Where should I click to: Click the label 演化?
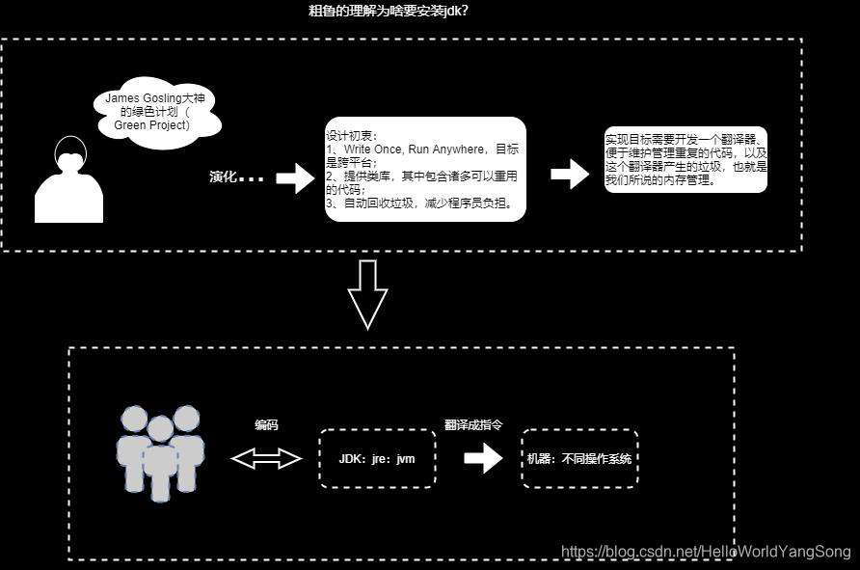(224, 177)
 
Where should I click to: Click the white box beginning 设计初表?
(425, 169)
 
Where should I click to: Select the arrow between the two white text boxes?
(570, 175)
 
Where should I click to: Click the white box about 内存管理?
(685, 159)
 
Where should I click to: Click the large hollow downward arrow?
(367, 294)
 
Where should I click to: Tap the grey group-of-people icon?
(160, 451)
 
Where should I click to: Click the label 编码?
(266, 424)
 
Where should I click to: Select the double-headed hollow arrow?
(267, 459)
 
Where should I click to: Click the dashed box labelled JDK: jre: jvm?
(377, 458)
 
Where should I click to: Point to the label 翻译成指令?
(472, 424)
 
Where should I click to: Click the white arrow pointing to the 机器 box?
(483, 459)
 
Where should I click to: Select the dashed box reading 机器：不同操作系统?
(579, 459)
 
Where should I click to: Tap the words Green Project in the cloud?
(152, 125)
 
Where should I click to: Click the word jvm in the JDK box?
(405, 459)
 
